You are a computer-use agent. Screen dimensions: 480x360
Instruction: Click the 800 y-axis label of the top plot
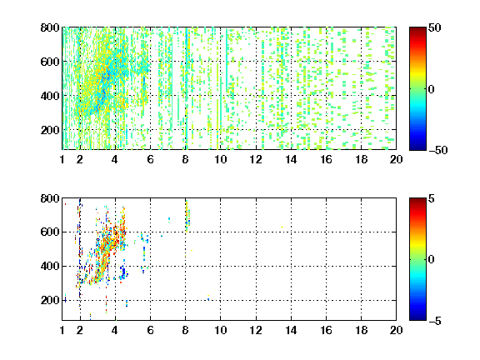tap(50, 27)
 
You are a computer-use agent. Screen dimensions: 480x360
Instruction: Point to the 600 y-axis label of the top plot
tap(50, 62)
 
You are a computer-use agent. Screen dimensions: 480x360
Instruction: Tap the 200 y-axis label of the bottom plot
tap(50, 300)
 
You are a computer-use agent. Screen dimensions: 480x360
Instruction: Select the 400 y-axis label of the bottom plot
tap(50, 266)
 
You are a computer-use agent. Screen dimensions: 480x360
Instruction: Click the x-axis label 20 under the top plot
tap(396, 159)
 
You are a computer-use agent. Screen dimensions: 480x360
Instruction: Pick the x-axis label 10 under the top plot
tap(220, 159)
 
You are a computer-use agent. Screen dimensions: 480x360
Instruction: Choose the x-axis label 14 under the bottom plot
tap(291, 330)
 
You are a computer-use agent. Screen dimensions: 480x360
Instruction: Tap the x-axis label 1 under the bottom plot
tap(62, 330)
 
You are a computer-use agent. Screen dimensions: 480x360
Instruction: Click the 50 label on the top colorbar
tap(435, 27)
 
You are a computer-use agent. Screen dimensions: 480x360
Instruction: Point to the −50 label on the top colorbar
tap(438, 150)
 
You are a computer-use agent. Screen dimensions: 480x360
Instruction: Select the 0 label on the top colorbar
tap(432, 89)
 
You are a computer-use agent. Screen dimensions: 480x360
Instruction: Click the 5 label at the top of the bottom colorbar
tap(432, 198)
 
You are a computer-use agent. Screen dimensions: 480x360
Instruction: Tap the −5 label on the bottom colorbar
tap(435, 321)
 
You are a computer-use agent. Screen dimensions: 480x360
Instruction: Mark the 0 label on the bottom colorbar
tap(432, 260)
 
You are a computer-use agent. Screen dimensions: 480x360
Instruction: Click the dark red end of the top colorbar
tap(417, 29)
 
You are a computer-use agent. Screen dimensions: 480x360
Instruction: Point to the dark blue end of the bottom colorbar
tap(417, 318)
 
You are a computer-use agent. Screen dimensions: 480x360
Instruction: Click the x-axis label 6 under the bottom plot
tap(150, 330)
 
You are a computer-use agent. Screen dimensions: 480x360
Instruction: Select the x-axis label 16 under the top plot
tap(326, 159)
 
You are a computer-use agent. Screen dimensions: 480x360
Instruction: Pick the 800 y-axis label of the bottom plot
tap(50, 198)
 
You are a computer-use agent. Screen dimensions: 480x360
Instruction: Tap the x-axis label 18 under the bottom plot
tap(361, 330)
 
